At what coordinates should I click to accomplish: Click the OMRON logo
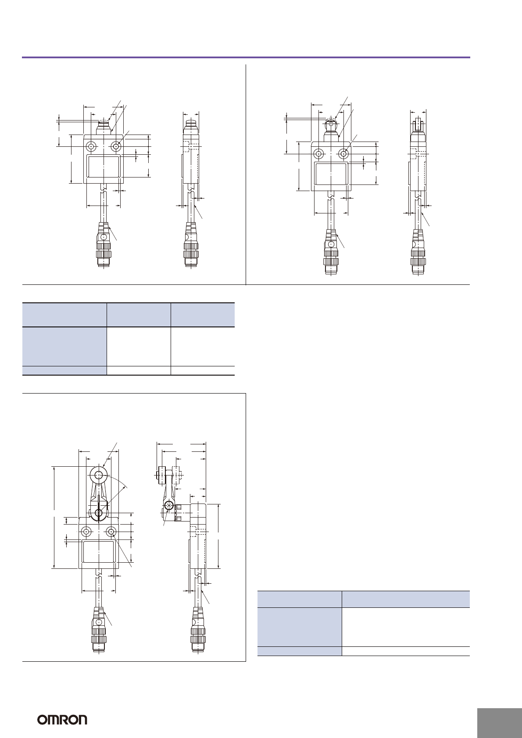point(62,719)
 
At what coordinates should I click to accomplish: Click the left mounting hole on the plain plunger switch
point(91,147)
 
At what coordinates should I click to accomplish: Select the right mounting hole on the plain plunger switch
point(116,147)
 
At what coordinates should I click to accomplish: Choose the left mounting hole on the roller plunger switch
point(319,153)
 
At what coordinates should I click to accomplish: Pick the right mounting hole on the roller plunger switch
point(343,153)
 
